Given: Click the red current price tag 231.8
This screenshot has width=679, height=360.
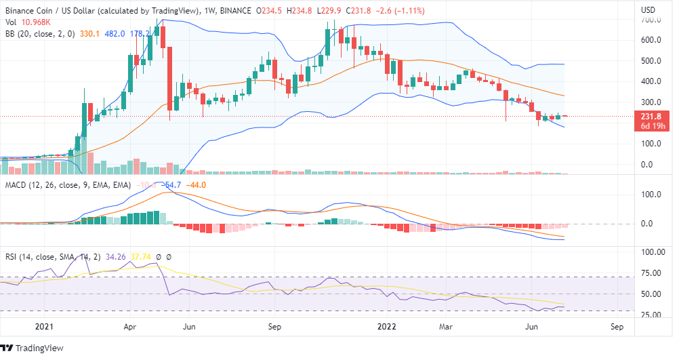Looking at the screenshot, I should [x=652, y=116].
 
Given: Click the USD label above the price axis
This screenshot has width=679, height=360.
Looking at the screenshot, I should [x=648, y=9].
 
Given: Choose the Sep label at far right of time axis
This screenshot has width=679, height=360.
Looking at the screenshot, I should [x=616, y=326].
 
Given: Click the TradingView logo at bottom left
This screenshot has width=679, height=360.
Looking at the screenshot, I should [x=34, y=348].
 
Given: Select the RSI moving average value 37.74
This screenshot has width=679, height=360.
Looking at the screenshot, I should [x=140, y=257].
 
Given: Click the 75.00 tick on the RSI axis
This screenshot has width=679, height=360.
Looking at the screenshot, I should [x=652, y=273].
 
